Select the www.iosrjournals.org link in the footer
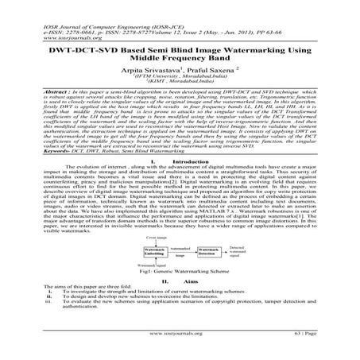pyautogui.click(x=179, y=347)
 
